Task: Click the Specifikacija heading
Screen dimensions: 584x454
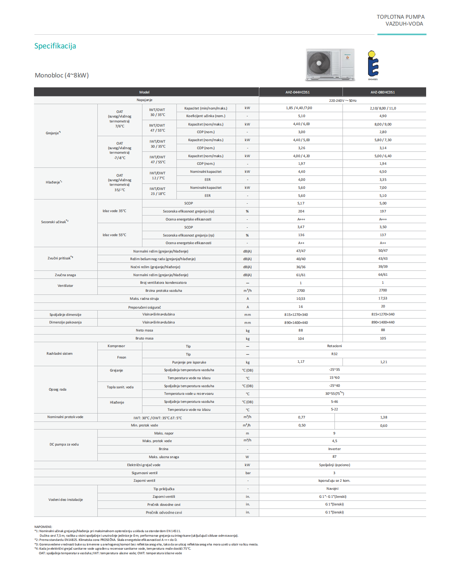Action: tap(55, 46)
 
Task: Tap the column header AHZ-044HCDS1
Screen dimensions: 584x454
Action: tap(297, 92)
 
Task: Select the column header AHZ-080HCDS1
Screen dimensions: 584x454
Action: tap(383, 92)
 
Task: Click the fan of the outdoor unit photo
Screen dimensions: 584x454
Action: tap(319, 63)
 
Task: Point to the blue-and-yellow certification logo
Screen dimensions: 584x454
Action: tap(373, 65)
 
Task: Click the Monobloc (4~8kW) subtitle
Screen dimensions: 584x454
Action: tap(62, 75)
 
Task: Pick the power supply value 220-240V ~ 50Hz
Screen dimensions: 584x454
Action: tap(343, 101)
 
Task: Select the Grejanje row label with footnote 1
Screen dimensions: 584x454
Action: tap(53, 133)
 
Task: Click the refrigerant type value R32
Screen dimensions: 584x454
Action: tap(334, 354)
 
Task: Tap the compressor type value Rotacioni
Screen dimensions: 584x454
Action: tap(334, 346)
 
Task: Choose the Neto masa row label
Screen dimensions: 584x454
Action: tap(144, 330)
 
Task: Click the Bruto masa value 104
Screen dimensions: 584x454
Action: tap(301, 338)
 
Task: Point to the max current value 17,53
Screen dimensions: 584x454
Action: tap(383, 298)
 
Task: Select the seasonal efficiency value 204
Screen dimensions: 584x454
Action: tap(301, 211)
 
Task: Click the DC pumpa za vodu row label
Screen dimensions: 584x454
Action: tap(64, 444)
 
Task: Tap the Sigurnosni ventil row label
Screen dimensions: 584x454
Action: tap(144, 473)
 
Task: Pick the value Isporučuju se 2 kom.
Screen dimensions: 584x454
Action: tap(334, 481)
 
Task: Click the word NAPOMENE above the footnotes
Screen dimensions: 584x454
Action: tap(43, 527)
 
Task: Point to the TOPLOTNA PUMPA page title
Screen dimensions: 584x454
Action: tap(401, 17)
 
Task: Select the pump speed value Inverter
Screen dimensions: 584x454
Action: tap(334, 449)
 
